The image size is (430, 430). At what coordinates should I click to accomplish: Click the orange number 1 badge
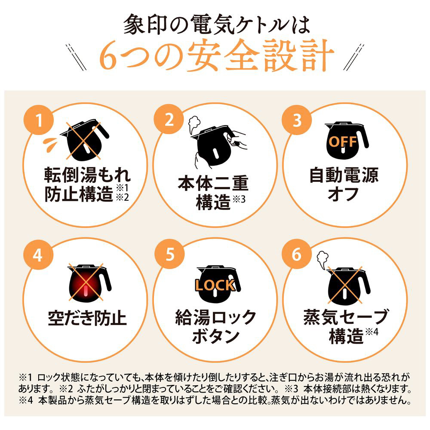coord(39,120)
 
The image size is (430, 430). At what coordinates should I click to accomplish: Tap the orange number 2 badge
coord(169,119)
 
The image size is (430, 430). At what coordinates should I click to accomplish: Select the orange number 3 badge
coord(297,120)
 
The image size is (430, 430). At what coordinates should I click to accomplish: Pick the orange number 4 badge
coord(38,254)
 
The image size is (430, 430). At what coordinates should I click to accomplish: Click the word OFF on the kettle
coord(343,141)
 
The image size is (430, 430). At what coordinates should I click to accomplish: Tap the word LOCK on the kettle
coord(215,285)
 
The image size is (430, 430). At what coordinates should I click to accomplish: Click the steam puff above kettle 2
coord(194,123)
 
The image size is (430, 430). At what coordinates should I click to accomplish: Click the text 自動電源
coord(344,175)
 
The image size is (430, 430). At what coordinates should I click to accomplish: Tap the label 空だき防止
coord(87,318)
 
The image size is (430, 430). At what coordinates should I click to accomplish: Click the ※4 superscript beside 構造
coord(372,332)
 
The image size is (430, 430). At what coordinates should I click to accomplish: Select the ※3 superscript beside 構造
coord(239,200)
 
